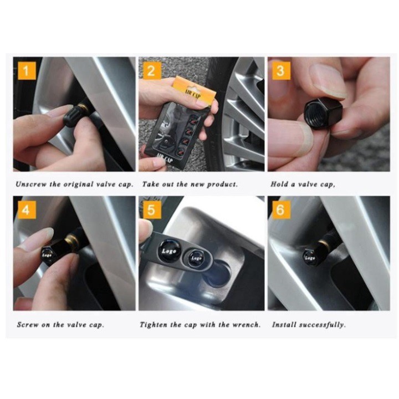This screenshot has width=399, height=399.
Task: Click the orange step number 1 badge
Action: (x=27, y=70)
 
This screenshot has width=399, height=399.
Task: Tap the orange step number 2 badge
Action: (x=152, y=70)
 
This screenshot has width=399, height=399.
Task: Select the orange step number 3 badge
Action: (x=281, y=70)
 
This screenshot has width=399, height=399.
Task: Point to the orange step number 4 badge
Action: (x=27, y=209)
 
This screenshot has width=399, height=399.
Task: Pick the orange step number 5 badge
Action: (x=152, y=209)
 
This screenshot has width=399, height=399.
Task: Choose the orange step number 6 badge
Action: (x=281, y=209)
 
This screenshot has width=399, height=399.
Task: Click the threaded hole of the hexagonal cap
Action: (x=314, y=114)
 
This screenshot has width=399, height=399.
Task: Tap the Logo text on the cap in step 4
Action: (x=47, y=255)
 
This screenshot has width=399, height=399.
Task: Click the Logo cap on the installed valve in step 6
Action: (x=310, y=258)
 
